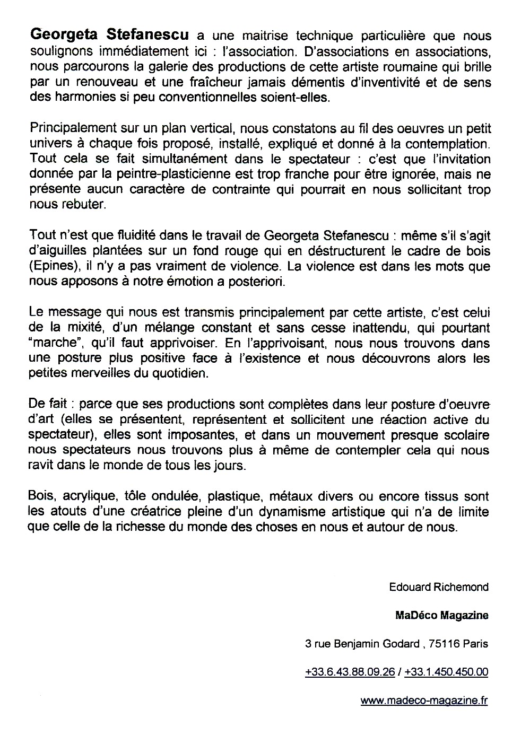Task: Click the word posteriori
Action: [x=257, y=282]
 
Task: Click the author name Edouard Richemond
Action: [x=438, y=587]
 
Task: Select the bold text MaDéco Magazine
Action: [x=441, y=616]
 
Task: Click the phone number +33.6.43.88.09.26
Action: [x=350, y=672]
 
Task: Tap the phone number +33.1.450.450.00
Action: [x=446, y=672]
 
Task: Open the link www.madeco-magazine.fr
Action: [x=424, y=701]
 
